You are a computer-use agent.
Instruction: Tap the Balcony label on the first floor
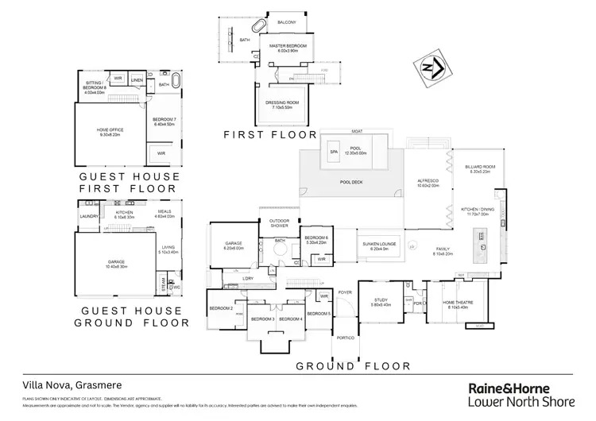pos(287,22)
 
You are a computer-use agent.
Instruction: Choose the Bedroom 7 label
pos(164,120)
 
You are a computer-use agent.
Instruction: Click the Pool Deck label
pos(351,182)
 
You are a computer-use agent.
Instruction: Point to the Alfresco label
pos(429,182)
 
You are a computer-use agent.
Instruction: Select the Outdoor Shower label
pos(278,223)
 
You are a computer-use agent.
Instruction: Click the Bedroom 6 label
pos(317,238)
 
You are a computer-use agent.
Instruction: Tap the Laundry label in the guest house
pos(88,214)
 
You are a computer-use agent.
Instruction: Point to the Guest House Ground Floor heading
pos(130,316)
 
